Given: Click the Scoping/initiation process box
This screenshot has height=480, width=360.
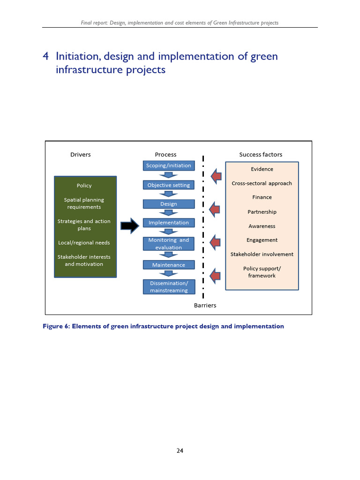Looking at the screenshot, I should coord(169,165).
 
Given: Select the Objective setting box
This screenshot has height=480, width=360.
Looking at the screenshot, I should coord(169,185).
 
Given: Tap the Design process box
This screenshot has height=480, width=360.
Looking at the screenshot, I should coord(169,204).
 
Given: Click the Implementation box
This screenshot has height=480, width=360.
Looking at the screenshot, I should coord(169,223).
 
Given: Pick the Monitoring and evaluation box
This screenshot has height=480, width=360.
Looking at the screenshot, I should coord(169,244).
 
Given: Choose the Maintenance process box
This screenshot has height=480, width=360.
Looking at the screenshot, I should coord(169,265).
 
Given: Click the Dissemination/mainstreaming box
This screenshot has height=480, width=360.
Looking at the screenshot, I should coord(169,287).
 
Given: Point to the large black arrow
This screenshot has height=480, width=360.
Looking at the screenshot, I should coord(130,226).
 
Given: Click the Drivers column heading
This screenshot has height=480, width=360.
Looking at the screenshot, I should coord(81,155).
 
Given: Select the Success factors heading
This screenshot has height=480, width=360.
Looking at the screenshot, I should coord(261,155).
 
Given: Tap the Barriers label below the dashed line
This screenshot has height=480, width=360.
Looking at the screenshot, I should coord(205,305).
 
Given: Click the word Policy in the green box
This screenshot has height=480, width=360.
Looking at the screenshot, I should coord(84,186).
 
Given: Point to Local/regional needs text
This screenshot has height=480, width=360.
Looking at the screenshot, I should coord(84,243).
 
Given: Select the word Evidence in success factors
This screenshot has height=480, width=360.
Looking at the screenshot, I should coord(262,169).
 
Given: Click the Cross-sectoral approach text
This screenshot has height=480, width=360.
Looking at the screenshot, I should coord(262,183).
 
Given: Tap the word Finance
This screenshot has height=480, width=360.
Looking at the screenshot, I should coord(262,197).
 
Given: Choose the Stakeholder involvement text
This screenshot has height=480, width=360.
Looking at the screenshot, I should coord(262,254).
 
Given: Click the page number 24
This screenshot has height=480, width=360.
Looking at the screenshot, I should coord(180,451).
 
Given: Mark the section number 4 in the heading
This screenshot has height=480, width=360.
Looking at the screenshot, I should coord(46,57).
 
